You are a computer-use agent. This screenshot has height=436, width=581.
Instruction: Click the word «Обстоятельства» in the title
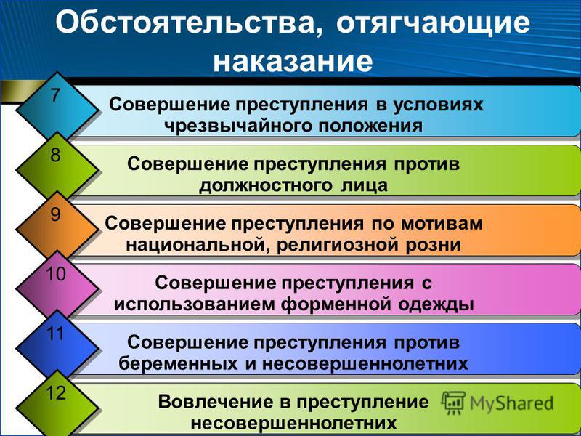pos(189,24)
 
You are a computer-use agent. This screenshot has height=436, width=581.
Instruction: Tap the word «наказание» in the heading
pos(293,62)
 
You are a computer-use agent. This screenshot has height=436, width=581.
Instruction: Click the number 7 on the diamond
pos(55,95)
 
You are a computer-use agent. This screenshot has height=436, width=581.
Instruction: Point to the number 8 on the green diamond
pos(55,155)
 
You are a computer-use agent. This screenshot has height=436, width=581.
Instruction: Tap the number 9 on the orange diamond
pos(55,214)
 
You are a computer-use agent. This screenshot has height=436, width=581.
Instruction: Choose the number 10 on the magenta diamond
pos(56,275)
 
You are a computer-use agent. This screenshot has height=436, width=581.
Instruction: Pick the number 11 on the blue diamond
pos(56,334)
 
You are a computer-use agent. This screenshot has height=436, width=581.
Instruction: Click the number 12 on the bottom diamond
pos(56,393)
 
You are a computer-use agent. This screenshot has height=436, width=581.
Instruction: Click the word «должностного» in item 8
pos(266,185)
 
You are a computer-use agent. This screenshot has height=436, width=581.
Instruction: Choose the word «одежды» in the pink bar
pos(436,304)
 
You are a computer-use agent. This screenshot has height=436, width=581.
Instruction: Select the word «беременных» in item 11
pos(178,364)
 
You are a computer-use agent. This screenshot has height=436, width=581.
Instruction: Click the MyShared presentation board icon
pos(453,403)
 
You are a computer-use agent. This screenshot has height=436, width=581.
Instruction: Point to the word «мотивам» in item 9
pos(442,224)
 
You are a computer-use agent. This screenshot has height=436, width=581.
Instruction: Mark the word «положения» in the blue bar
pos(370,126)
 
